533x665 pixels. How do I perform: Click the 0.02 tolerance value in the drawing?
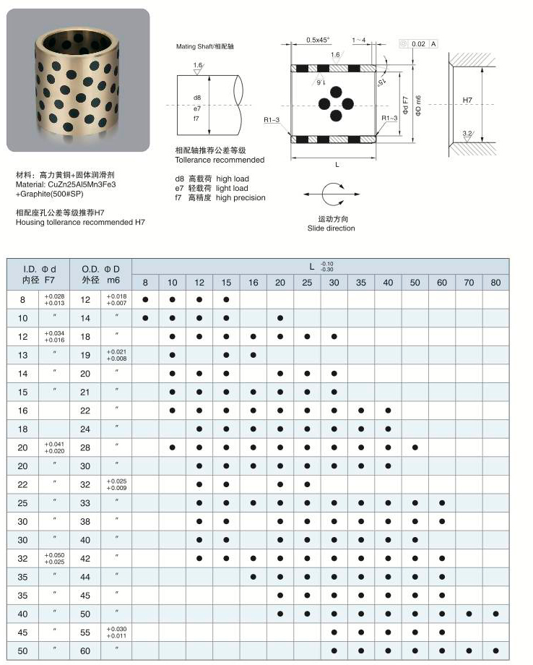[418, 44]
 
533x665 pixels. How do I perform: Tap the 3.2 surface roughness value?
[467, 134]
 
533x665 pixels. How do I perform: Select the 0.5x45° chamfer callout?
[317, 40]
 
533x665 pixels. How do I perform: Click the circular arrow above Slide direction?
[334, 195]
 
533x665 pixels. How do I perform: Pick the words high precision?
[240, 198]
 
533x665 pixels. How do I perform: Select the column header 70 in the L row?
[469, 281]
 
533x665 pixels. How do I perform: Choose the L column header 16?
[253, 281]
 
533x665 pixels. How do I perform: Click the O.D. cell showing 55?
[86, 632]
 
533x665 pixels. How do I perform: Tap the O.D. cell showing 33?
[86, 502]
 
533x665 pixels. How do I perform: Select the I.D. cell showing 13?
[22, 354]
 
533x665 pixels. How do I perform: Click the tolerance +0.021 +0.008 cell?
[116, 354]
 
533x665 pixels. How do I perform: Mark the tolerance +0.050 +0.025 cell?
[54, 558]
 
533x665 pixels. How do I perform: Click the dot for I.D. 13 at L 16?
[253, 354]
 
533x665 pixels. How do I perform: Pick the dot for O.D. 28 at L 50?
[415, 447]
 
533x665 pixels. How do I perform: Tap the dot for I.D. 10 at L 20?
[279, 317]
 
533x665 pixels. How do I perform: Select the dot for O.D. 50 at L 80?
[495, 614]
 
